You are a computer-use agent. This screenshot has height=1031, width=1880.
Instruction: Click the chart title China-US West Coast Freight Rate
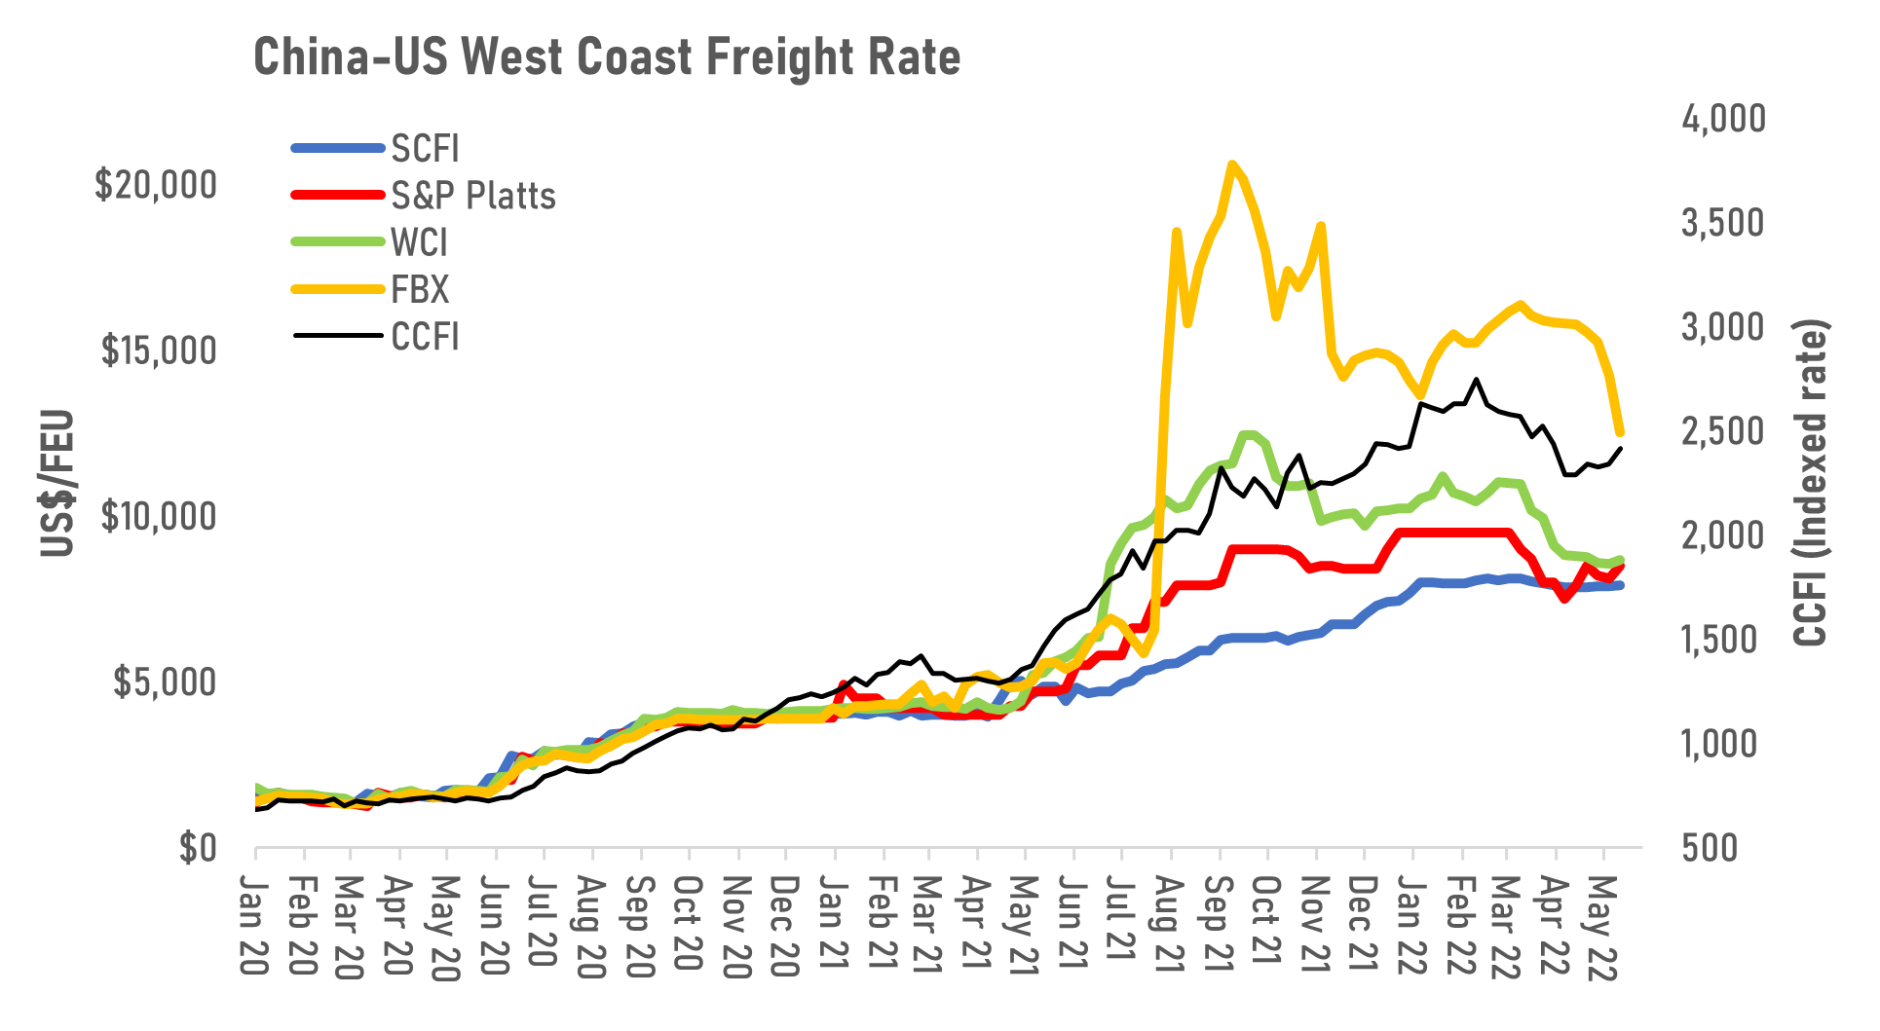point(606,57)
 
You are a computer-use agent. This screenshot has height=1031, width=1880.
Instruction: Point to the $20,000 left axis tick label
point(156,184)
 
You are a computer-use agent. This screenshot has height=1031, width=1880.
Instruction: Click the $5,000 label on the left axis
point(164,682)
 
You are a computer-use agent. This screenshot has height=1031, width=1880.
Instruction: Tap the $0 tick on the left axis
point(197,848)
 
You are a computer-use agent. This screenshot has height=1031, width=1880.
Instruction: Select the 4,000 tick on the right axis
point(1722,119)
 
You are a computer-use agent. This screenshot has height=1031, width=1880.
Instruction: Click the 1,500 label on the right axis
point(1722,640)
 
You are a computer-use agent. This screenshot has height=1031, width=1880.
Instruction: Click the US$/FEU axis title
point(56,484)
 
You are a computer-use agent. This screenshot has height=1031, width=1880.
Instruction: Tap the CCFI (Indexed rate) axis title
point(1811,484)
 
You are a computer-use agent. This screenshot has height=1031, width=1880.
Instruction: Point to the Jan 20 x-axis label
point(254,926)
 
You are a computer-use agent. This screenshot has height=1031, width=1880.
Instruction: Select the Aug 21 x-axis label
point(1169,926)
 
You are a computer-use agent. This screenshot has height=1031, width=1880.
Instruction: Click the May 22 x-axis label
point(1602,926)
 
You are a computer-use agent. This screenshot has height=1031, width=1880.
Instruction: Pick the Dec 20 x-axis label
point(784,926)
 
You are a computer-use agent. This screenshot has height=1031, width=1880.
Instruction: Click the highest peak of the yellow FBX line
point(1232,165)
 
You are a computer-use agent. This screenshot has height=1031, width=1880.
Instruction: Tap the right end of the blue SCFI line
point(1620,585)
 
